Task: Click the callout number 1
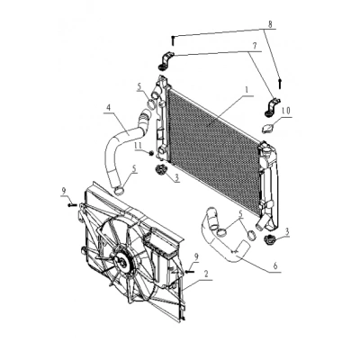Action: (x=247, y=90)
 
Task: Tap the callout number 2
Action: (x=206, y=274)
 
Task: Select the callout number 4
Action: (x=108, y=108)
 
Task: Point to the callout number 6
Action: (x=275, y=265)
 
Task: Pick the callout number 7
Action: (x=255, y=46)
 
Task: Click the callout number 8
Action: (x=270, y=24)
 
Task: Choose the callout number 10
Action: (x=285, y=111)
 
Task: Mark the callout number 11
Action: (x=139, y=145)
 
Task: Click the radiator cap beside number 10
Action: (x=267, y=129)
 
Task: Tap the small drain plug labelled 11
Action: (x=151, y=153)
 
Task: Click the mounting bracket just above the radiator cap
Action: (x=272, y=106)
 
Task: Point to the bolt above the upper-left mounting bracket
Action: (x=173, y=40)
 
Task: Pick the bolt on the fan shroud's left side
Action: (x=72, y=205)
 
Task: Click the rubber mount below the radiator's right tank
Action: (x=269, y=240)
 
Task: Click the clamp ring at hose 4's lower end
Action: (x=120, y=190)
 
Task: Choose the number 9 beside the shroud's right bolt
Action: (x=196, y=256)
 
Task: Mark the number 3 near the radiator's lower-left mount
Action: (x=177, y=178)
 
